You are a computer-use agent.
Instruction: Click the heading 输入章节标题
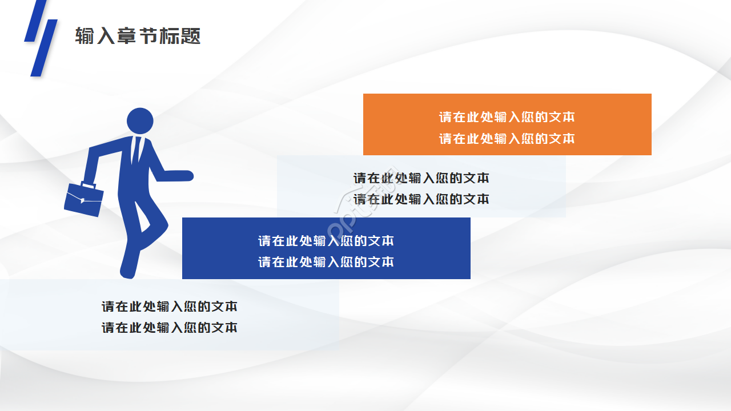pyautogui.click(x=138, y=36)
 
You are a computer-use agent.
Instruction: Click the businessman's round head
pyautogui.click(x=140, y=121)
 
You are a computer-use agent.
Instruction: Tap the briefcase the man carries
pyautogui.click(x=84, y=200)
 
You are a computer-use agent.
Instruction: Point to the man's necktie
pyautogui.click(x=136, y=150)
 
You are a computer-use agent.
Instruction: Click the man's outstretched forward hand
pyautogui.click(x=183, y=176)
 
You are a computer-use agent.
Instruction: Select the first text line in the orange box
pyautogui.click(x=507, y=117)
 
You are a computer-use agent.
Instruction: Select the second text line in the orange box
pyautogui.click(x=507, y=139)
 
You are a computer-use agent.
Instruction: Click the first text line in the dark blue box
pyautogui.click(x=326, y=241)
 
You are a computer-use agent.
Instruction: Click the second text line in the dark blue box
pyautogui.click(x=326, y=262)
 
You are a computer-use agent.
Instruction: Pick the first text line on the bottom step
pyautogui.click(x=170, y=307)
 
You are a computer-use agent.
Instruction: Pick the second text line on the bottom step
pyautogui.click(x=170, y=328)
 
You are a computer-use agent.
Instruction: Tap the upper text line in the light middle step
pyautogui.click(x=421, y=178)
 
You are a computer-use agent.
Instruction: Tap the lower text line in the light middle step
pyautogui.click(x=421, y=199)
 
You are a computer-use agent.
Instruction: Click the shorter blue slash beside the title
pyautogui.click(x=35, y=21)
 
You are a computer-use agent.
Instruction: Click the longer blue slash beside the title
pyautogui.click(x=44, y=48)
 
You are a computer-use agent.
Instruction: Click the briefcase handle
pyautogui.click(x=89, y=186)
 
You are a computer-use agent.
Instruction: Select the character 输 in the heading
pyautogui.click(x=85, y=36)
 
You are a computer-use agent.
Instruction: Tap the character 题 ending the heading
pyautogui.click(x=191, y=36)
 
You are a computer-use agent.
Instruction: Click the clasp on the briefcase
pyautogui.click(x=82, y=200)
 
